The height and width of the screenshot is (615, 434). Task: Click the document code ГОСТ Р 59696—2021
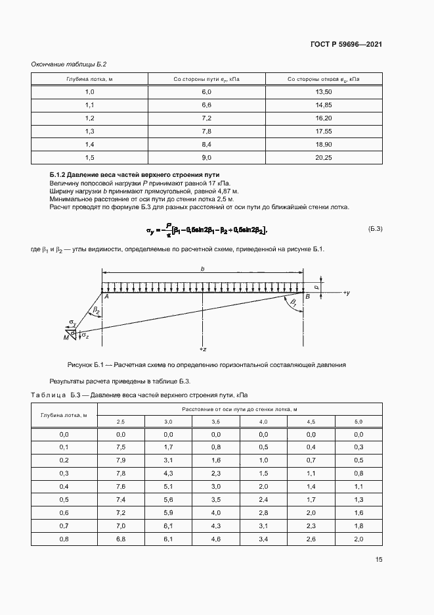[346, 45]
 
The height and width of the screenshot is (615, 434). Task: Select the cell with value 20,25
[324, 157]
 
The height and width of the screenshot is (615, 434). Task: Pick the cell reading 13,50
[324, 92]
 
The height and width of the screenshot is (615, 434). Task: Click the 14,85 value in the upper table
[324, 105]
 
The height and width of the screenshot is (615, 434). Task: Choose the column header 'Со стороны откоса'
[324, 79]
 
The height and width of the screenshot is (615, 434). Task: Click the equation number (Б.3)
[375, 228]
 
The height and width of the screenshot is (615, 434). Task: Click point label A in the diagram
[106, 297]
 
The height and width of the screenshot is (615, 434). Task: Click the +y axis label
[346, 291]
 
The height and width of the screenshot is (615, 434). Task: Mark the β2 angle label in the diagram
[96, 308]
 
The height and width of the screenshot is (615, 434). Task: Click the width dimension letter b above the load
[202, 268]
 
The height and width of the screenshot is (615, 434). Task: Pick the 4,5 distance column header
[311, 421]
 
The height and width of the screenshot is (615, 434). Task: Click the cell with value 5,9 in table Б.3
[168, 512]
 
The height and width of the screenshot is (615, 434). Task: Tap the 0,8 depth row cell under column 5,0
[358, 539]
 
